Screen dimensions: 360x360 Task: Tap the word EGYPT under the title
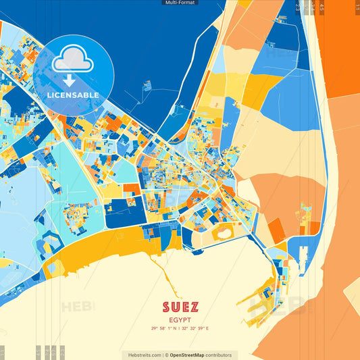click(x=180, y=319)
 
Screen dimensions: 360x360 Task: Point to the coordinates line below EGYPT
click(x=180, y=328)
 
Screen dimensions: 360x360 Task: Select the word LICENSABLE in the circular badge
click(x=73, y=95)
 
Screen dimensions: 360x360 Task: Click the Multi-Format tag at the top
click(x=180, y=3)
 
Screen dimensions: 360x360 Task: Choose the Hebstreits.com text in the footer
click(x=141, y=355)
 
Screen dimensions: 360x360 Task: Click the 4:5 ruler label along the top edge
click(x=322, y=7)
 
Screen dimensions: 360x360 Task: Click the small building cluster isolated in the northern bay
click(x=147, y=86)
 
